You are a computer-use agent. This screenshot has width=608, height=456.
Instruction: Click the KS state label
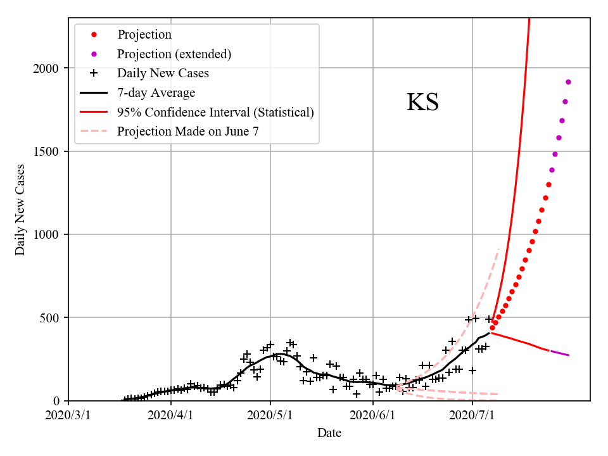coord(422,103)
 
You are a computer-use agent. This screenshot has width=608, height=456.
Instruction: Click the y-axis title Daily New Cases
coord(20,209)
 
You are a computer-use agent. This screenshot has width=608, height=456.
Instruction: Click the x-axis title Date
coord(329,433)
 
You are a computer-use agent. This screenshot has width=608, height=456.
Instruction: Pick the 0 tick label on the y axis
coord(58,401)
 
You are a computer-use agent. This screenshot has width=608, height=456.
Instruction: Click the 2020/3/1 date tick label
coord(68,415)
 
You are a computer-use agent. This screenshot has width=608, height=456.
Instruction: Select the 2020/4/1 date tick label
coord(170,415)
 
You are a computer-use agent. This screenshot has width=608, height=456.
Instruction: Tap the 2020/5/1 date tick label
coord(270,415)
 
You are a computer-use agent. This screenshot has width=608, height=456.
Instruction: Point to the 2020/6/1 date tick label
coord(372,415)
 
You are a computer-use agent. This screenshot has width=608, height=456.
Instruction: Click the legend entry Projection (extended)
coord(174,54)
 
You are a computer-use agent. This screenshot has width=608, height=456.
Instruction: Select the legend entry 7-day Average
coord(156,93)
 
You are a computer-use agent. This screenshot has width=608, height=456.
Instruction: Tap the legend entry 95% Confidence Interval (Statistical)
coord(215,113)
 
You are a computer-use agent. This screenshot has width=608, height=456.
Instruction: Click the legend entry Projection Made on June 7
coord(187,132)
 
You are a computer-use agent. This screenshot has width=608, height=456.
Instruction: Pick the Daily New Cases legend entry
coord(163,73)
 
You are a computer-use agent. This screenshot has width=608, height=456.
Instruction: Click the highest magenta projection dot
coord(568,82)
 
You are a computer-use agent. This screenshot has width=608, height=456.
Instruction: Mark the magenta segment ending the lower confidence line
coord(559,353)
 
